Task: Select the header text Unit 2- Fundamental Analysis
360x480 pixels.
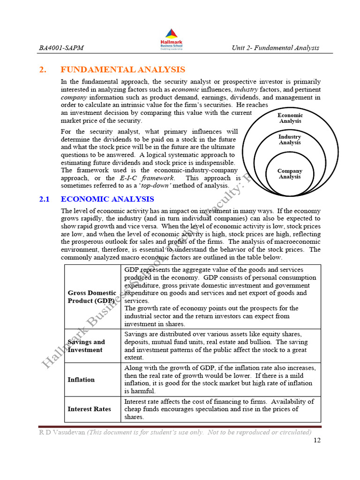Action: coord(275,48)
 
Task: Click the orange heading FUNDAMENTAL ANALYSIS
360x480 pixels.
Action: coord(123,70)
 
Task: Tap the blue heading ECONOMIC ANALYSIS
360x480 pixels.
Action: coord(107,199)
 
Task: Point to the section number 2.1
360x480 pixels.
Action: coord(45,199)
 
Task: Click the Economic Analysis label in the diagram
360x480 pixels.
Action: coord(290,118)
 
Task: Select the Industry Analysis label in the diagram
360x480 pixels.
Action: coord(290,140)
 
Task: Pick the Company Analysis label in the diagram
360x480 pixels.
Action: coord(290,174)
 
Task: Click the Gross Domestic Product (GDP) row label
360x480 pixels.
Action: coord(92,297)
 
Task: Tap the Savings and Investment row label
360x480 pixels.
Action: coord(86,346)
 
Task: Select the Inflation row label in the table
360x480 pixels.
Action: coord(81,380)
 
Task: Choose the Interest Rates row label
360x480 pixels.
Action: coord(89,409)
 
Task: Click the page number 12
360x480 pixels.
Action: coord(316,441)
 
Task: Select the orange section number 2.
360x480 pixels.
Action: coord(43,70)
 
